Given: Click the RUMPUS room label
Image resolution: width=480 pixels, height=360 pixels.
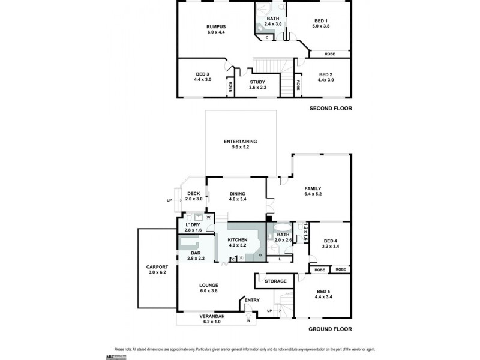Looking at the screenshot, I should pyautogui.click(x=216, y=26).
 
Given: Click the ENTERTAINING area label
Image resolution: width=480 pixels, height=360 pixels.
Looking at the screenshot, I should pyautogui.click(x=240, y=141).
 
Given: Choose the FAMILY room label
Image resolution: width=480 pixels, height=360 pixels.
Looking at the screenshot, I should pyautogui.click(x=313, y=188).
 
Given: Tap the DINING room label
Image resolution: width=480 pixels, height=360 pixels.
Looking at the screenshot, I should pyautogui.click(x=236, y=194).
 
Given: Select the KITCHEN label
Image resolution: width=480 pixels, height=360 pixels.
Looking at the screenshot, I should pyautogui.click(x=237, y=239).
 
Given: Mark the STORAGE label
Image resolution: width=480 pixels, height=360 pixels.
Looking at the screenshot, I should pyautogui.click(x=276, y=281).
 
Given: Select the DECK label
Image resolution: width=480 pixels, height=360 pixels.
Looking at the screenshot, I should pyautogui.click(x=193, y=193).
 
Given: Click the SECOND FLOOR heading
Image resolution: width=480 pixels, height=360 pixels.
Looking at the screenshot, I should pyautogui.click(x=330, y=109).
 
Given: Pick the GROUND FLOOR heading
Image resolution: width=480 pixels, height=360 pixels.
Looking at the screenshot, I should pyautogui.click(x=329, y=329).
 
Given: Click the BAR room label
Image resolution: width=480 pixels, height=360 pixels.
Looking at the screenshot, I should pyautogui.click(x=196, y=253).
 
